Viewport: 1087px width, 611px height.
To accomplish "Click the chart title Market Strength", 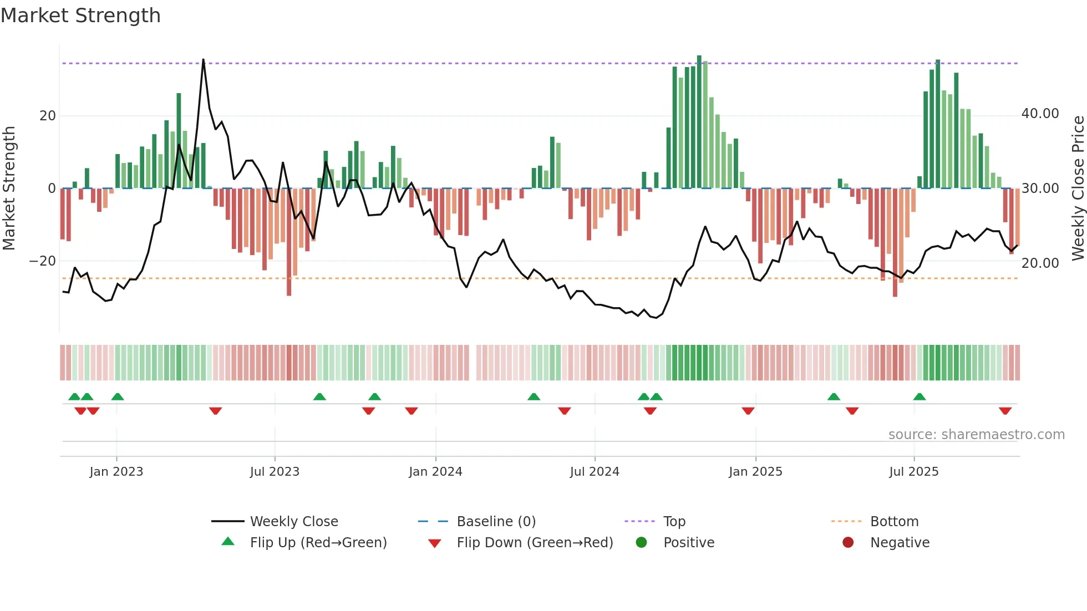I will click(80, 16).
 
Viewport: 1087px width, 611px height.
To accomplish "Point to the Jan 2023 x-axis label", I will click(116, 471).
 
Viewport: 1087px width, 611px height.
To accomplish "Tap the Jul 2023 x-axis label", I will click(275, 471).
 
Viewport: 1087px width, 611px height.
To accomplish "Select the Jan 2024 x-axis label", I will click(435, 471).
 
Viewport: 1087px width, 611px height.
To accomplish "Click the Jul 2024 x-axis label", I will click(595, 471).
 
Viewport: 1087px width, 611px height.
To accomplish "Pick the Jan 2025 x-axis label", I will click(755, 471).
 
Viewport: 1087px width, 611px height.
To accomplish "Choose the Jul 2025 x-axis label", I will click(914, 471).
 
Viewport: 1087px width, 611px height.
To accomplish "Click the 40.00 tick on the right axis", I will click(1040, 114).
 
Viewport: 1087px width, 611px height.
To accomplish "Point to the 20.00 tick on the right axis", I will click(1040, 263).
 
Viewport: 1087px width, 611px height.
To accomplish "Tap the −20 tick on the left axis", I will click(43, 261).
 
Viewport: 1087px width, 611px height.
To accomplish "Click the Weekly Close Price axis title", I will click(1078, 188).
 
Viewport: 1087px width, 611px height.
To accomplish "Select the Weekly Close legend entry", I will click(294, 521).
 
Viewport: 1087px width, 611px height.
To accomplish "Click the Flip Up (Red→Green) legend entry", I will click(318, 542).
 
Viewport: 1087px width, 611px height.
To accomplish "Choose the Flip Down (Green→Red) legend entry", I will click(535, 542).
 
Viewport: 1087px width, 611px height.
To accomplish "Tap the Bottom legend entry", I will click(894, 521).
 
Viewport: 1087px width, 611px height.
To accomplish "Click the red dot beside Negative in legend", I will click(848, 542).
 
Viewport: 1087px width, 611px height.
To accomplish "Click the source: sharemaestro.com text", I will click(976, 434).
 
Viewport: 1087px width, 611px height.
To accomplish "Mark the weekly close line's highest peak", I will click(203, 60).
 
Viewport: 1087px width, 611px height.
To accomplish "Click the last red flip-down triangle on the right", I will click(1005, 411).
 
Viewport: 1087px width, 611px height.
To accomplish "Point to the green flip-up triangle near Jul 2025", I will click(920, 396).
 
